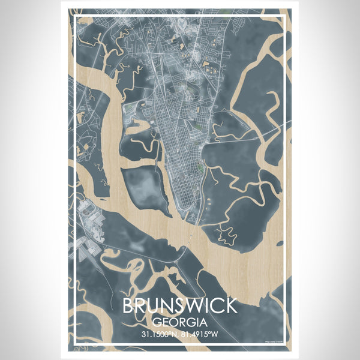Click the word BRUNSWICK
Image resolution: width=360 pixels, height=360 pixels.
click(179, 306)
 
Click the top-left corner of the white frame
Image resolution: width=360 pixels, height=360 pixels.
click(74, 16)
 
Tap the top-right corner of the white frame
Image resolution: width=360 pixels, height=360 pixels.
click(286, 16)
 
